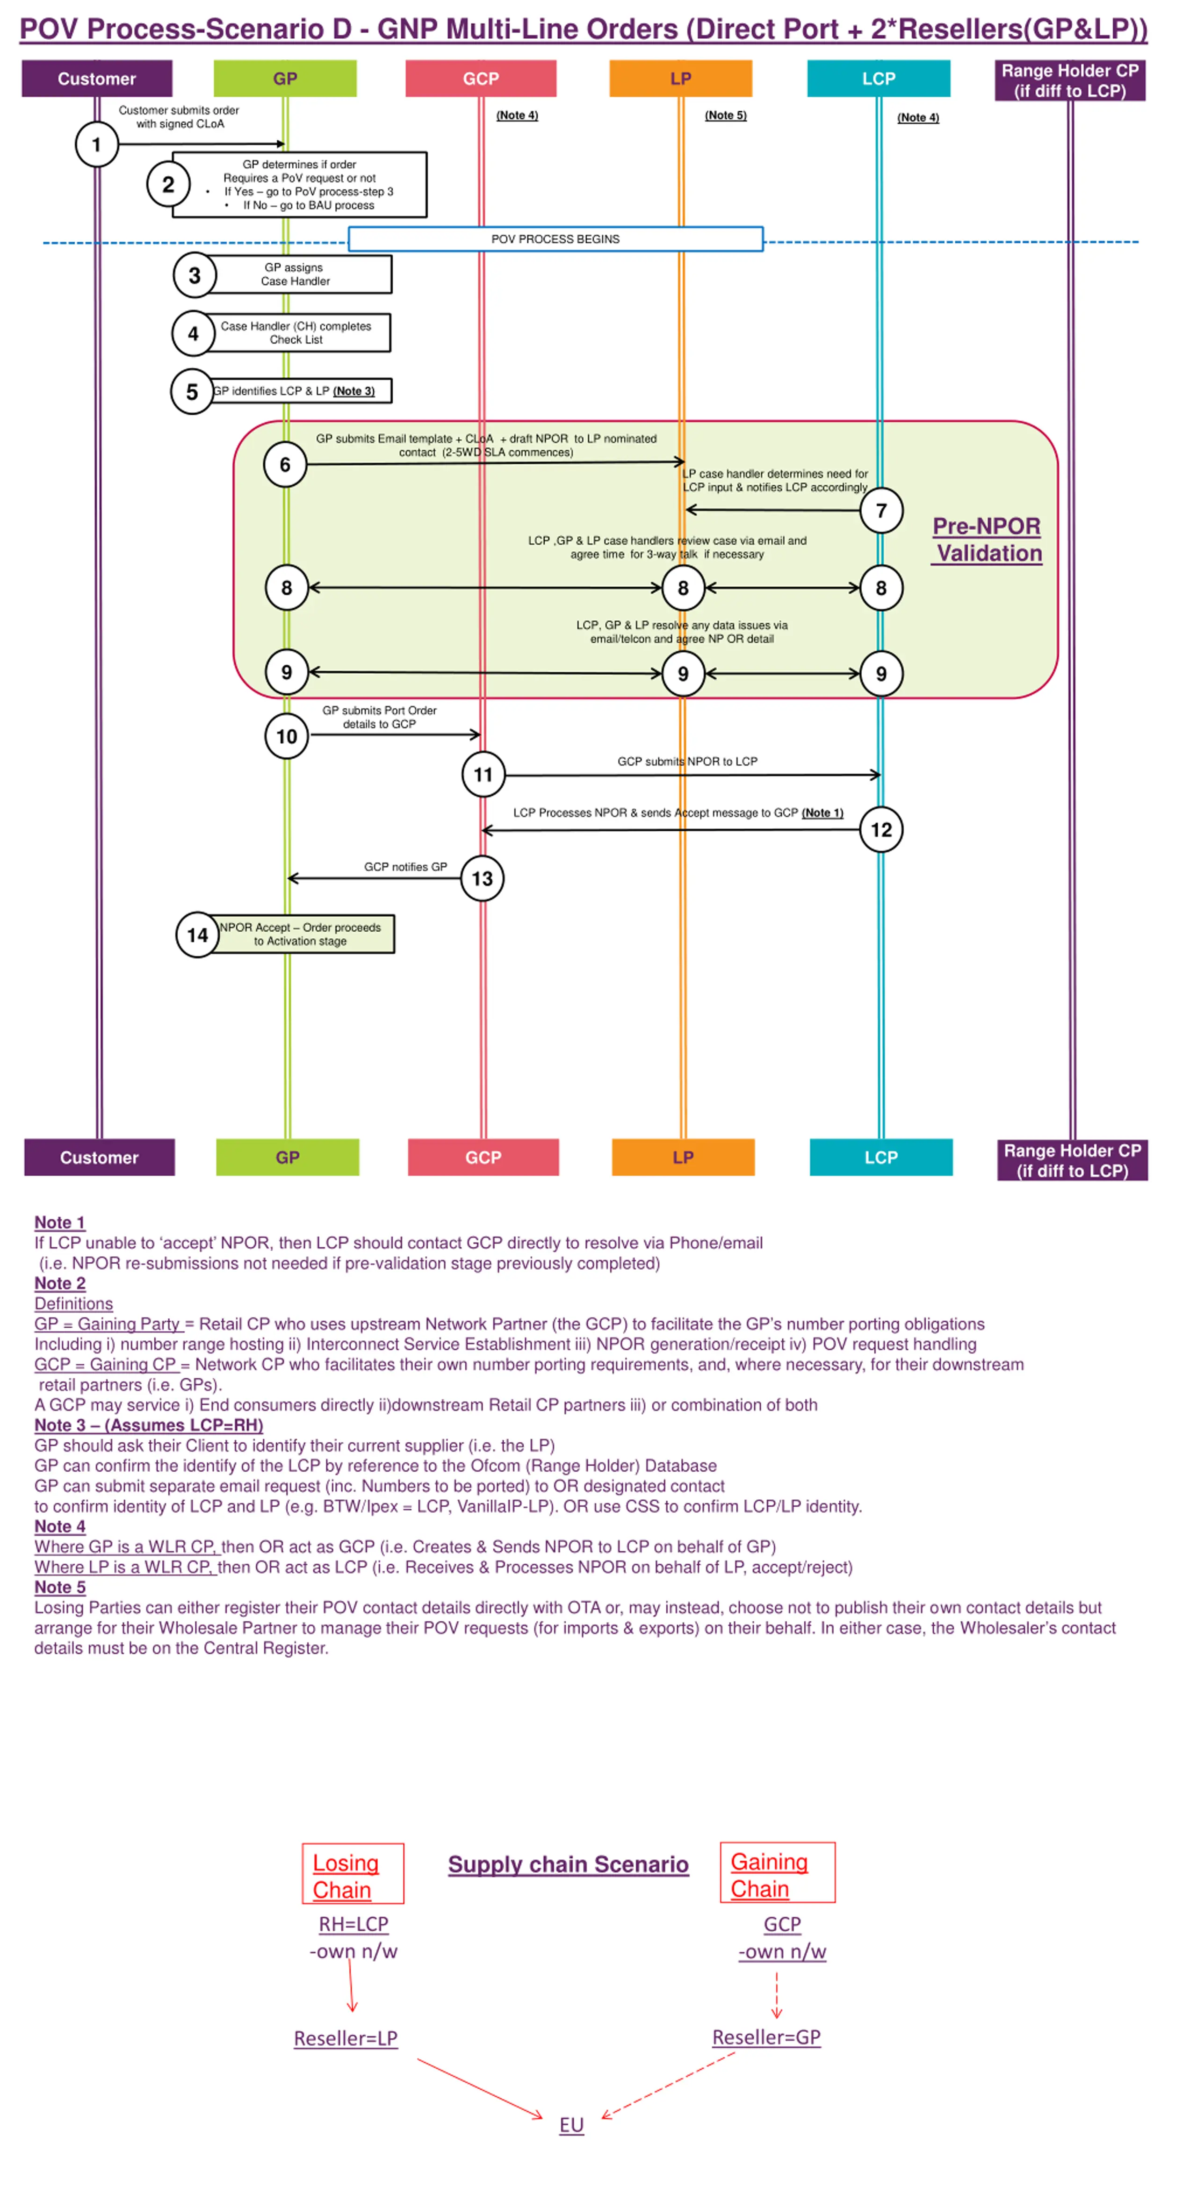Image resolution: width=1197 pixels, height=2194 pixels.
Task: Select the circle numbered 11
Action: (483, 774)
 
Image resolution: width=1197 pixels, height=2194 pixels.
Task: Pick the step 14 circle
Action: (198, 935)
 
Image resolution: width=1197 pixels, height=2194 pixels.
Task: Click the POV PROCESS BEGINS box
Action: (555, 239)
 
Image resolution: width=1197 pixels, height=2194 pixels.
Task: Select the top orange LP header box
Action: (681, 79)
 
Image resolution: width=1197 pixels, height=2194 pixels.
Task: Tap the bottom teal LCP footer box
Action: (881, 1158)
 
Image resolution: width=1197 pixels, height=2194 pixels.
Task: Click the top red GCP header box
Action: (481, 79)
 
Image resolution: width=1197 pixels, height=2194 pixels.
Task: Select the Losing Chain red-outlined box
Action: (353, 1874)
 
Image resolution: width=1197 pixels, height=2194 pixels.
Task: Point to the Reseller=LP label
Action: (346, 2038)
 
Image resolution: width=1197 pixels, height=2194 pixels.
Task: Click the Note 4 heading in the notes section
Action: (60, 1526)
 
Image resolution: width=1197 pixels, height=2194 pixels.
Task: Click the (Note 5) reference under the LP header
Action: (725, 115)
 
